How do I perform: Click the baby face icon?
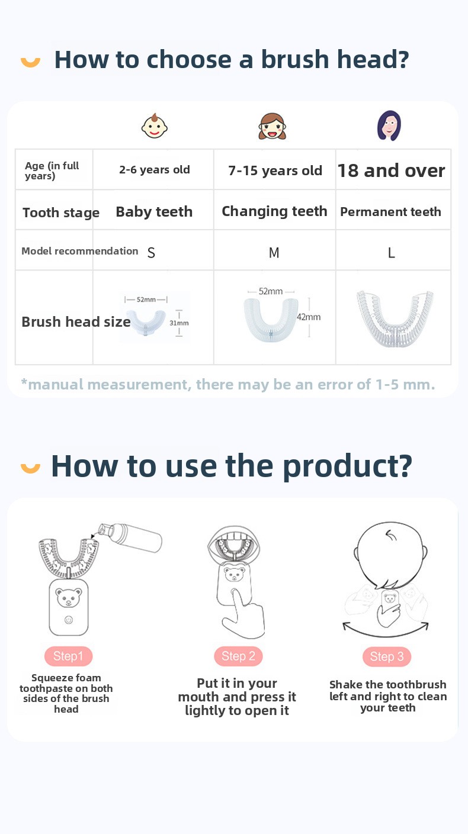[x=155, y=126]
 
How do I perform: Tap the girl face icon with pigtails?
[x=273, y=126]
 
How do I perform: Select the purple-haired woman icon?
[x=389, y=125]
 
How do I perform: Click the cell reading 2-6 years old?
[x=154, y=170]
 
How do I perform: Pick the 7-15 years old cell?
[x=275, y=170]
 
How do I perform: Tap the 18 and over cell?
[x=391, y=170]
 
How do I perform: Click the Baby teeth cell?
[x=154, y=211]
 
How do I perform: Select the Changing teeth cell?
[x=275, y=211]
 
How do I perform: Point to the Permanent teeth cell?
[x=390, y=211]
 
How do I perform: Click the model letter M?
[x=274, y=253]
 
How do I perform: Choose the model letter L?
[x=391, y=253]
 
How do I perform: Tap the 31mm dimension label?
[x=179, y=323]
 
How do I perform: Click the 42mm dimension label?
[x=309, y=317]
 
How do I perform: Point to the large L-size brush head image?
[x=395, y=318]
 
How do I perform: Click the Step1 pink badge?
[x=68, y=656]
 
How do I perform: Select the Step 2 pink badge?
[x=238, y=656]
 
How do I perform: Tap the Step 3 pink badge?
[x=387, y=656]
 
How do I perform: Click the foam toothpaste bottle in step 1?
[x=130, y=537]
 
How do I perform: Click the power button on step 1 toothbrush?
[x=69, y=620]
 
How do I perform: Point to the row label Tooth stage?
[x=61, y=212]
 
